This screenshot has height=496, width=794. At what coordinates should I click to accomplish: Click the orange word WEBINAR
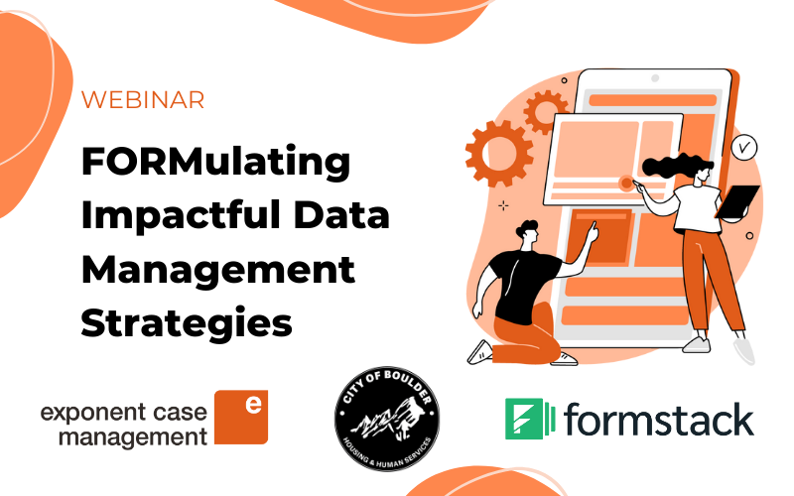pyautogui.click(x=143, y=100)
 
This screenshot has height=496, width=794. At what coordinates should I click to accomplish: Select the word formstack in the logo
pyautogui.click(x=659, y=420)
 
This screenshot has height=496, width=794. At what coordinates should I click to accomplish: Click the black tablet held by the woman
pyautogui.click(x=737, y=202)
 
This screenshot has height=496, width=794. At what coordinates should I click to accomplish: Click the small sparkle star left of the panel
pyautogui.click(x=503, y=205)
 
